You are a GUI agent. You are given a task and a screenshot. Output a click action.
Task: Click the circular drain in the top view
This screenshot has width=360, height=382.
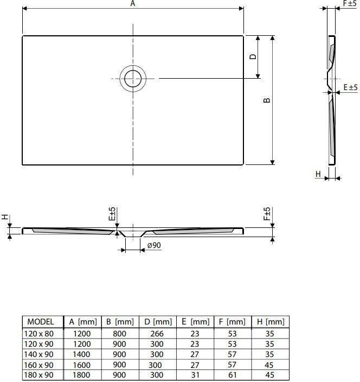pyautogui.click(x=133, y=79)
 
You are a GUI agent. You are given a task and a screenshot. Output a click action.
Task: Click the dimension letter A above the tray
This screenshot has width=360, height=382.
pyautogui.click(x=133, y=4)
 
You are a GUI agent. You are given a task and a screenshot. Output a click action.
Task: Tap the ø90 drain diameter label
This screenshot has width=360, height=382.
pyautogui.click(x=153, y=245)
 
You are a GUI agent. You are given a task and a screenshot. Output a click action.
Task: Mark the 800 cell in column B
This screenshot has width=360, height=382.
pyautogui.click(x=120, y=333)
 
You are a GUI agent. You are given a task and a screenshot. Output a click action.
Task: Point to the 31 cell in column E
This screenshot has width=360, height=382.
pyautogui.click(x=195, y=374)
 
